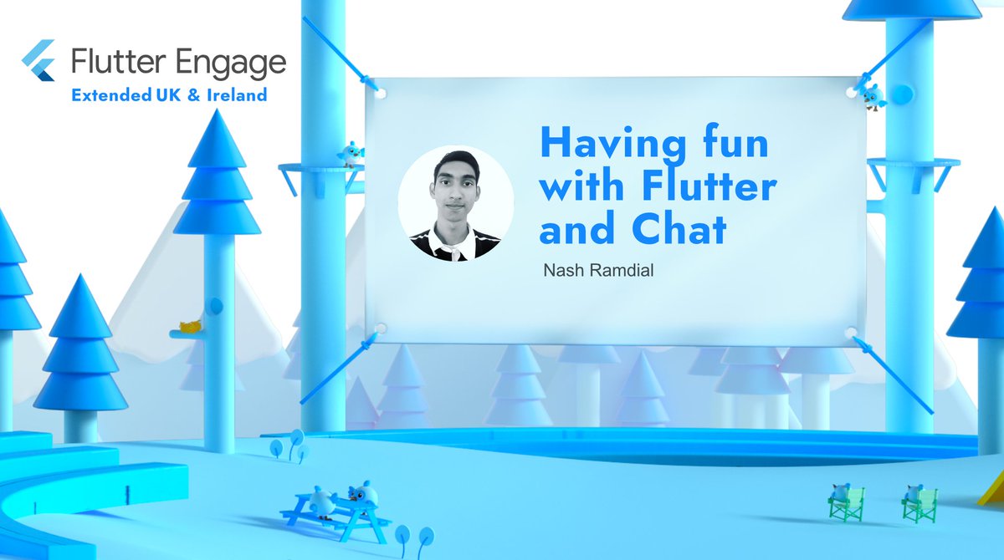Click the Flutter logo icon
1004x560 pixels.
(40, 60)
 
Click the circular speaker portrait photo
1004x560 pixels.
(455, 203)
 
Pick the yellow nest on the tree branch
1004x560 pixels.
(192, 327)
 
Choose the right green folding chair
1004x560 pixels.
(918, 503)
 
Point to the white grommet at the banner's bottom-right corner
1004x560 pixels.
(851, 333)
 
